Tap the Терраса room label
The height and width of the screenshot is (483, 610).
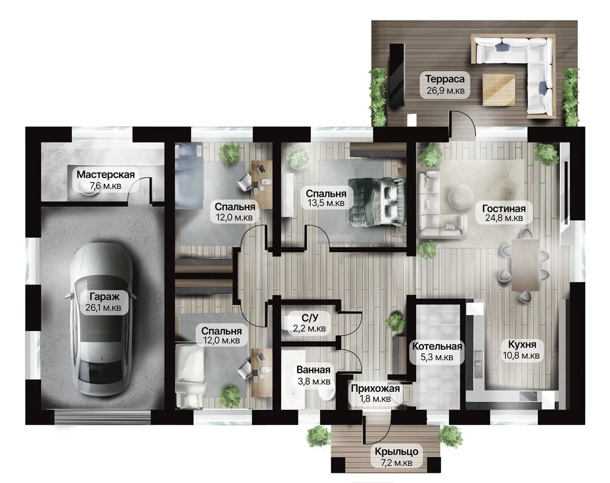[x=445, y=79]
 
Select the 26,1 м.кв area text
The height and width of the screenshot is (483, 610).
[x=103, y=308]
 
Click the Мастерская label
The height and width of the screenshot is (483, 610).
[x=106, y=174]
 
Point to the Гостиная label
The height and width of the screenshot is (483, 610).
[x=504, y=208]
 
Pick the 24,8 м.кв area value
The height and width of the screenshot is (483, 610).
[x=504, y=218]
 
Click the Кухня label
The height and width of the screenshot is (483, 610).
[x=522, y=344]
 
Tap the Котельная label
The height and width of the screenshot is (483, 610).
[x=437, y=346]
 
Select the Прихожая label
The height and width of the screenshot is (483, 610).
[x=375, y=388]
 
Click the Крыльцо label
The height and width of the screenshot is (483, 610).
[x=396, y=452]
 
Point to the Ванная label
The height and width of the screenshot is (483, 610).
[x=313, y=370]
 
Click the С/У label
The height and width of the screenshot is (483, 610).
[x=309, y=318]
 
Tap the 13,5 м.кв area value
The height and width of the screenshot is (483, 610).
[x=326, y=203]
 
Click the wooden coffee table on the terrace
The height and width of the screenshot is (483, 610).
[x=499, y=89]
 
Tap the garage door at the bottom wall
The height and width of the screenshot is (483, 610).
[x=102, y=417]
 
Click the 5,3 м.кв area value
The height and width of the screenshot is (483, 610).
[x=437, y=357]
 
